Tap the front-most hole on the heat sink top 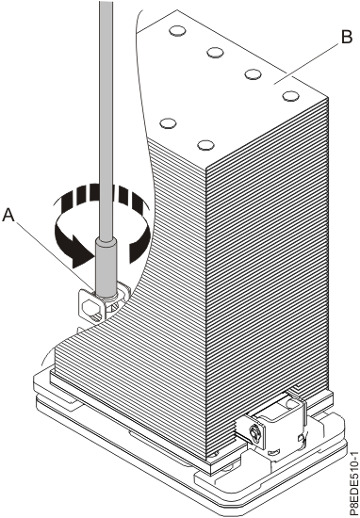pyautogui.click(x=205, y=145)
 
